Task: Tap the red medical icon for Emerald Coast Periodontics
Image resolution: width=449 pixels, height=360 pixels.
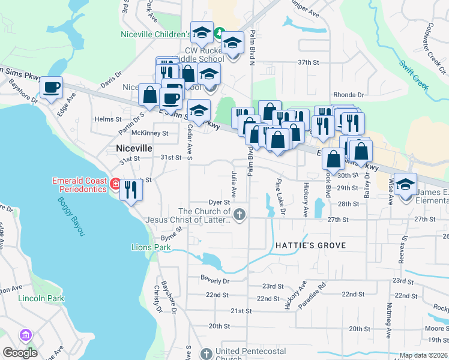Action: coord(114,182)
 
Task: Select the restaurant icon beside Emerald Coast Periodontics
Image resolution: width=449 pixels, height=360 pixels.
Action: coord(130,190)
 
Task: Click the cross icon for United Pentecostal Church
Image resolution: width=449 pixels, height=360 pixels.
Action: coord(206,353)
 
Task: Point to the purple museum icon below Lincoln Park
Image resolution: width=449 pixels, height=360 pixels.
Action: coord(25,334)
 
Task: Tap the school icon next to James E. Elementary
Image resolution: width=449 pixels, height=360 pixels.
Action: coord(406,185)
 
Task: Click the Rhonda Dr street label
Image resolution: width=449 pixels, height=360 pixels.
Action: coord(349,95)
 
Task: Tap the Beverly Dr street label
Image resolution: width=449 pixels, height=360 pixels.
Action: coord(215,281)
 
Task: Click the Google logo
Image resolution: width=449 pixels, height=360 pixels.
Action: coord(20,352)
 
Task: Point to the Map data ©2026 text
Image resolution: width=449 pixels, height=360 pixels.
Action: coord(423,355)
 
